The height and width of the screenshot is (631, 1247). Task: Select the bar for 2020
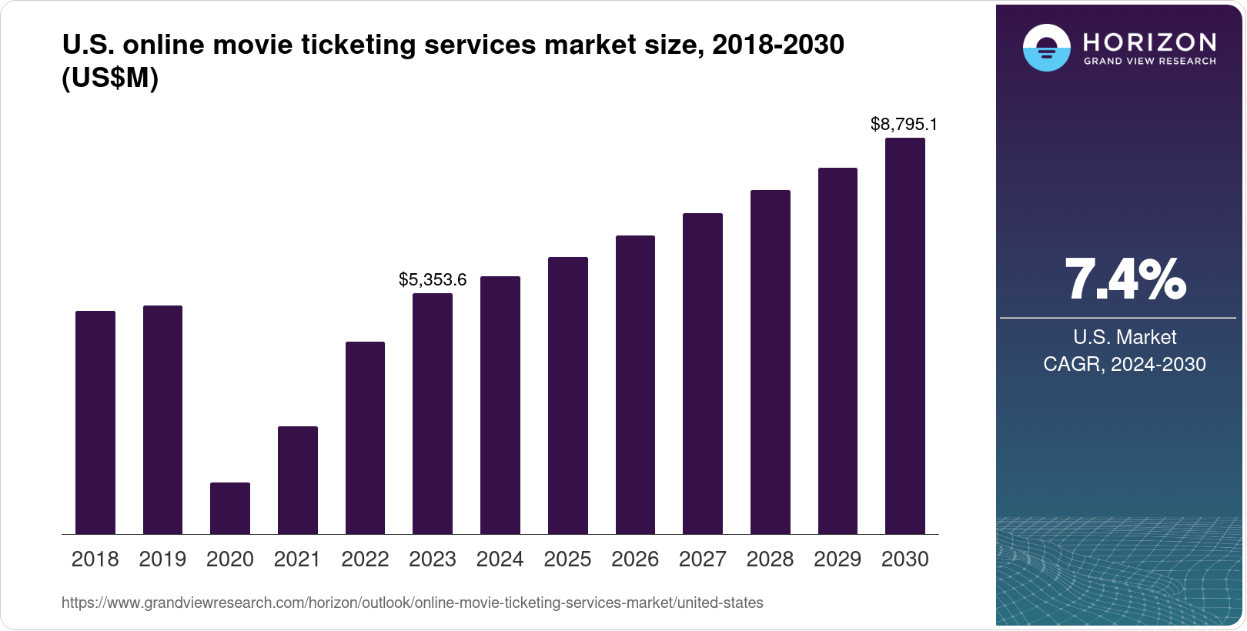230,508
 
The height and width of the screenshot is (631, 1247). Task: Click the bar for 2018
95,422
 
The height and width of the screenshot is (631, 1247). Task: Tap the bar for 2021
298,480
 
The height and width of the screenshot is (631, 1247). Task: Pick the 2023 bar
433,413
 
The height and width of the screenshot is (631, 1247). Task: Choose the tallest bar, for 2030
905,336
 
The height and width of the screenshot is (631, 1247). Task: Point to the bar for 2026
635,385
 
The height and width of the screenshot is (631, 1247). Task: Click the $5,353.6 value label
433,280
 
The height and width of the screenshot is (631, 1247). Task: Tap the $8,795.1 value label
904,124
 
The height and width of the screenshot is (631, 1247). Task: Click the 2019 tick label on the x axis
162,559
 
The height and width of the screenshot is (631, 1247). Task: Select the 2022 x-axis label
365,559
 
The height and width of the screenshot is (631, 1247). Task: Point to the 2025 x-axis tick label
567,559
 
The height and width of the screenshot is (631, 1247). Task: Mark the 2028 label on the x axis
770,559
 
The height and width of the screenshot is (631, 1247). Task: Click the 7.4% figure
1125,279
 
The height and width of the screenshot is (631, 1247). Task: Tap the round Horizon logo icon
1046,48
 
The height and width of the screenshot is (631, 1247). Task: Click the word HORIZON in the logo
1149,42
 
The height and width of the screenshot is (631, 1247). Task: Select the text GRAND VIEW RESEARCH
1149,61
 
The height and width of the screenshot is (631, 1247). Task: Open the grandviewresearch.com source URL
412,603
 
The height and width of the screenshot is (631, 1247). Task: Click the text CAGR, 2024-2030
1125,364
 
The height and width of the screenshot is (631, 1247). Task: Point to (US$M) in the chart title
110,78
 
